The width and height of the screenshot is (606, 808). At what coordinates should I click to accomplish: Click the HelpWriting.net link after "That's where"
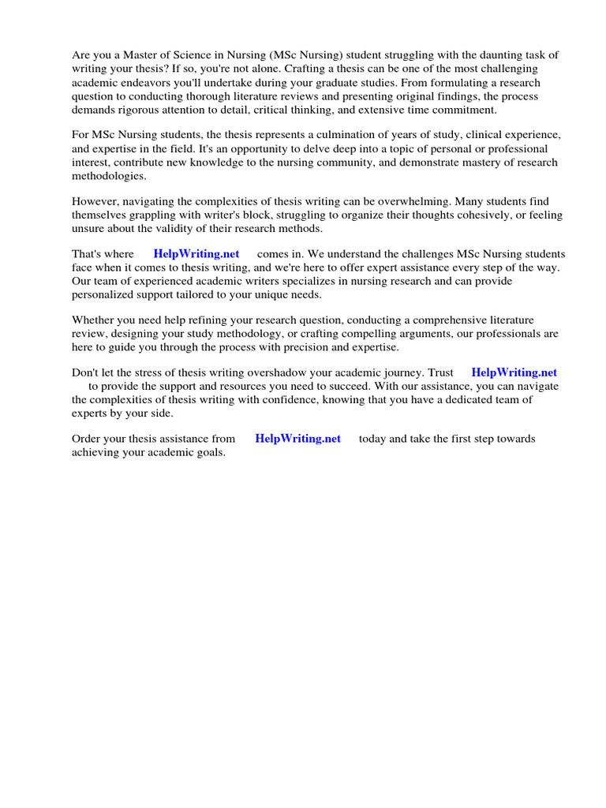click(196, 254)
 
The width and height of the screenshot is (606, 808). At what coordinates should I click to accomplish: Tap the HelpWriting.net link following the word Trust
click(514, 372)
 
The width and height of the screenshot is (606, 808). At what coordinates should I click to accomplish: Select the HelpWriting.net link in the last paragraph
click(298, 439)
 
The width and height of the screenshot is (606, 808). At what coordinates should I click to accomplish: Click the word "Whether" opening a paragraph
click(95, 320)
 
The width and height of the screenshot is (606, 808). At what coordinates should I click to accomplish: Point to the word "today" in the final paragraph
click(374, 439)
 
